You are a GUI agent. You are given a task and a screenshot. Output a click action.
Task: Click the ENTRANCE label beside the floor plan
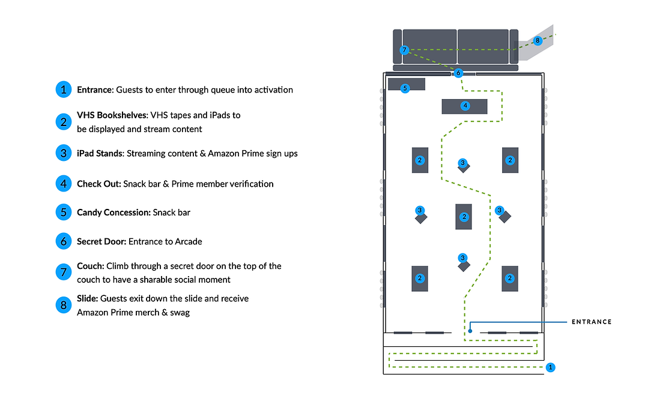(592, 322)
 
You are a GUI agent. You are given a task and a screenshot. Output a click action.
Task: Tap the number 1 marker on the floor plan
(551, 367)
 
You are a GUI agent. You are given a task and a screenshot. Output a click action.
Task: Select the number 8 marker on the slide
(537, 41)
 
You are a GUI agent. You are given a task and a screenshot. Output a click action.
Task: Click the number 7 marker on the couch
(404, 50)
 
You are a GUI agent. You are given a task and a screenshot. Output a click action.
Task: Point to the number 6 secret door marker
(458, 73)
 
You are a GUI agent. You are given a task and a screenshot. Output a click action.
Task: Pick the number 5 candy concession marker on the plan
(405, 88)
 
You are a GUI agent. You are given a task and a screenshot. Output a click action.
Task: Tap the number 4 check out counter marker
(465, 106)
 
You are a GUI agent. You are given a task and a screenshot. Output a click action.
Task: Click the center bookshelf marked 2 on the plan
(464, 217)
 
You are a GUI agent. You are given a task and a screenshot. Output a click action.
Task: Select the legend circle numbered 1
(64, 89)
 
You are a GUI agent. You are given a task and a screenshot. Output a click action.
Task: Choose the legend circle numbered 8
(64, 306)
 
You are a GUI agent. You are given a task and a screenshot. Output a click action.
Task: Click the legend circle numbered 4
(64, 184)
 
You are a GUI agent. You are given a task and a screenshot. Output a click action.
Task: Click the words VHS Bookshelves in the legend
(112, 115)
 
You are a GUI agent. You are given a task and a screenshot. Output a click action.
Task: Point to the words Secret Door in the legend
(101, 241)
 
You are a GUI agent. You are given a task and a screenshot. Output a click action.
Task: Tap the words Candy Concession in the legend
(114, 213)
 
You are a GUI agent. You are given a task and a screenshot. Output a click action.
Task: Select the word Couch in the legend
(90, 266)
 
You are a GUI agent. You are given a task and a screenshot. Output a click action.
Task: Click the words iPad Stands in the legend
(100, 154)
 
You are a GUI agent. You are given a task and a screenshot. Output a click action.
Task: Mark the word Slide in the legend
(87, 298)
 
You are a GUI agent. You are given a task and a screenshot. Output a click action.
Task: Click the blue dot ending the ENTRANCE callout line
(470, 331)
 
